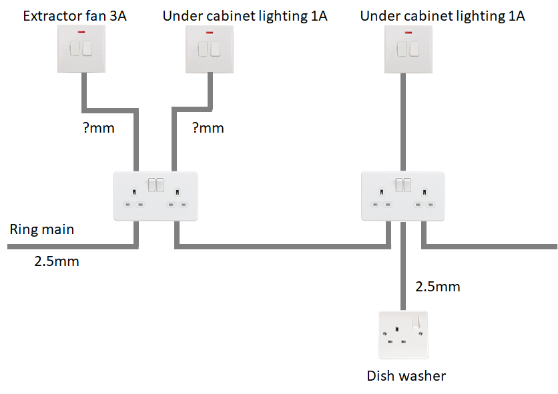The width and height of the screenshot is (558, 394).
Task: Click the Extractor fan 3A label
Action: (x=75, y=15)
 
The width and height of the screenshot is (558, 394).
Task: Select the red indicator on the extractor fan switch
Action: (x=82, y=31)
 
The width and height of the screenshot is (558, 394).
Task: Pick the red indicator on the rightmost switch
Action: (x=408, y=31)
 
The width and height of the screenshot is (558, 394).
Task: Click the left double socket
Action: (x=156, y=195)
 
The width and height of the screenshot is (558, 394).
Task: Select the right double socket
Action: (x=403, y=195)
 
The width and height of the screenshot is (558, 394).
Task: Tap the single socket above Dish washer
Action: (x=403, y=335)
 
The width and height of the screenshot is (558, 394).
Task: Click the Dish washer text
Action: (x=406, y=376)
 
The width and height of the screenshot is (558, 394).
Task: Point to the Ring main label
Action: (x=41, y=230)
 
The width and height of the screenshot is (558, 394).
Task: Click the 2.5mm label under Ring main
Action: (x=57, y=261)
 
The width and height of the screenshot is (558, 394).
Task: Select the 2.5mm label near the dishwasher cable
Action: (x=437, y=287)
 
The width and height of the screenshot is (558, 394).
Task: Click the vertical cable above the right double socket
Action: (x=403, y=120)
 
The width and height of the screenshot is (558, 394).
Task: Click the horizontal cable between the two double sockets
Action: (x=280, y=247)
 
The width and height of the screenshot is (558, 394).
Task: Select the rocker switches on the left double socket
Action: (x=156, y=185)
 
